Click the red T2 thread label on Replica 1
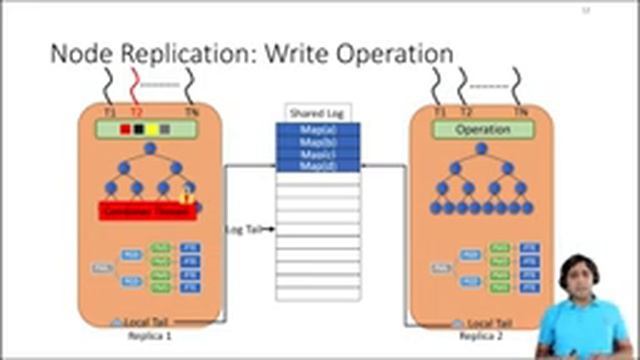coord(138,113)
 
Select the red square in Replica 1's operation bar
coord(126,130)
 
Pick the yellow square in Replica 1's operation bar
coord(151,130)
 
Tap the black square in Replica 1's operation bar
coord(138,130)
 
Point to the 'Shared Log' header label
coord(308,114)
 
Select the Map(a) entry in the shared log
coord(317,129)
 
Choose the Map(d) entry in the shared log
coord(317,165)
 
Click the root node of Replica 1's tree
coord(149,149)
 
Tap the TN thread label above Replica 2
coord(520,112)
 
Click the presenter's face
coord(575,275)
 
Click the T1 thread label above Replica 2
coord(440,112)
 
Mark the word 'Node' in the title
coord(80,52)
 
